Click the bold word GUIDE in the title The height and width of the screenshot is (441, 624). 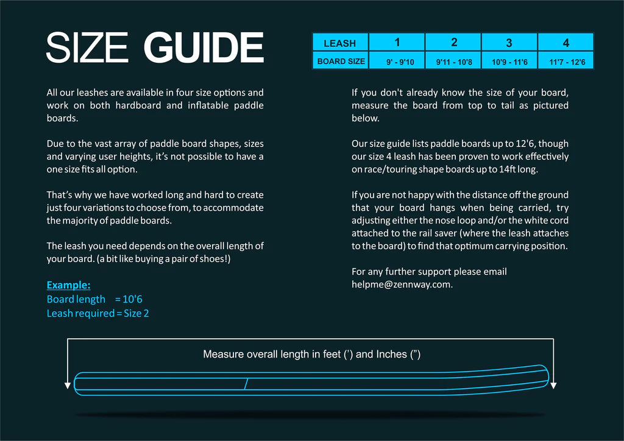(204, 48)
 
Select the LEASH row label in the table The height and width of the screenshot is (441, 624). (339, 43)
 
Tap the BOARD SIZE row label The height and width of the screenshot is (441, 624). (341, 61)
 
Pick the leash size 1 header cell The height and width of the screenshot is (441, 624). (397, 42)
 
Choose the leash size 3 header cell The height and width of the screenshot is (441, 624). (509, 43)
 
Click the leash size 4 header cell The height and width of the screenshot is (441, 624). (565, 43)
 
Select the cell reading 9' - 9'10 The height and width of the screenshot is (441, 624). (397, 62)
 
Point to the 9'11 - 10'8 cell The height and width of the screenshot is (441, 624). (453, 62)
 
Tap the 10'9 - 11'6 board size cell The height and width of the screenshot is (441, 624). (509, 62)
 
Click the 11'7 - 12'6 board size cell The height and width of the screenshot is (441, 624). (566, 62)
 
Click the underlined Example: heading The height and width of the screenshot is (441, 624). (68, 285)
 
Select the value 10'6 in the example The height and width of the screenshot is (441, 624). (133, 299)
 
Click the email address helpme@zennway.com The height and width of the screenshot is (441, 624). (402, 284)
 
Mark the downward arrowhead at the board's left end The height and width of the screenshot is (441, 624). (67, 386)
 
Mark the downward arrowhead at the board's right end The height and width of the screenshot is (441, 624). (553, 386)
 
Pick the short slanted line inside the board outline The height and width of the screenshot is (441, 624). (246, 384)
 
